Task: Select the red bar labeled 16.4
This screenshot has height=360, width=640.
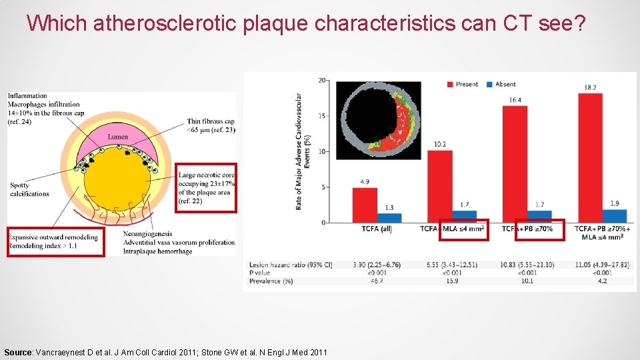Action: click(x=515, y=163)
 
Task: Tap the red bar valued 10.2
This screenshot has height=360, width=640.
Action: click(x=439, y=186)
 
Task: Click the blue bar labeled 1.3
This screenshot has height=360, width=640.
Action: click(x=389, y=217)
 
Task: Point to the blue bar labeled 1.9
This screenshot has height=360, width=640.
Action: click(x=615, y=215)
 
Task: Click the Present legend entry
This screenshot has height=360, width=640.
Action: click(x=463, y=84)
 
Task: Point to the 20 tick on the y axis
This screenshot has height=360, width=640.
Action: click(x=322, y=81)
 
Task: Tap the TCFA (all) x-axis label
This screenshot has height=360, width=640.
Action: click(x=370, y=229)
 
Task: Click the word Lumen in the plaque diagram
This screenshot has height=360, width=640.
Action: click(x=117, y=137)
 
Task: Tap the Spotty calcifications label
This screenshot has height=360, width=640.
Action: click(x=29, y=189)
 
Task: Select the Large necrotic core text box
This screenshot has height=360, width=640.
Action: click(x=206, y=188)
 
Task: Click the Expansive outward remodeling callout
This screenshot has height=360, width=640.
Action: click(x=55, y=241)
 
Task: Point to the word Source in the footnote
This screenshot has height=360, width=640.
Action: click(x=17, y=352)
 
